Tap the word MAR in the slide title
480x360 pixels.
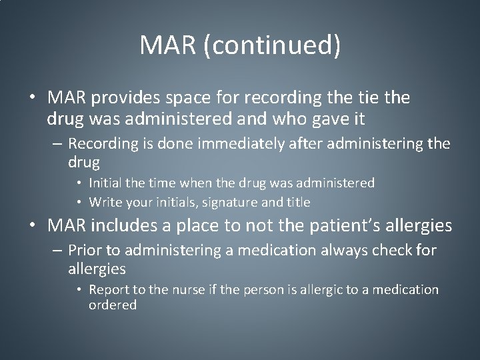pyautogui.click(x=170, y=45)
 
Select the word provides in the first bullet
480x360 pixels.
pyautogui.click(x=123, y=98)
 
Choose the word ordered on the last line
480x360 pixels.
pyautogui.click(x=112, y=305)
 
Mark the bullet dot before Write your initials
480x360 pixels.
pyautogui.click(x=80, y=201)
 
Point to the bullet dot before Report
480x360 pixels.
pyautogui.click(x=80, y=291)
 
